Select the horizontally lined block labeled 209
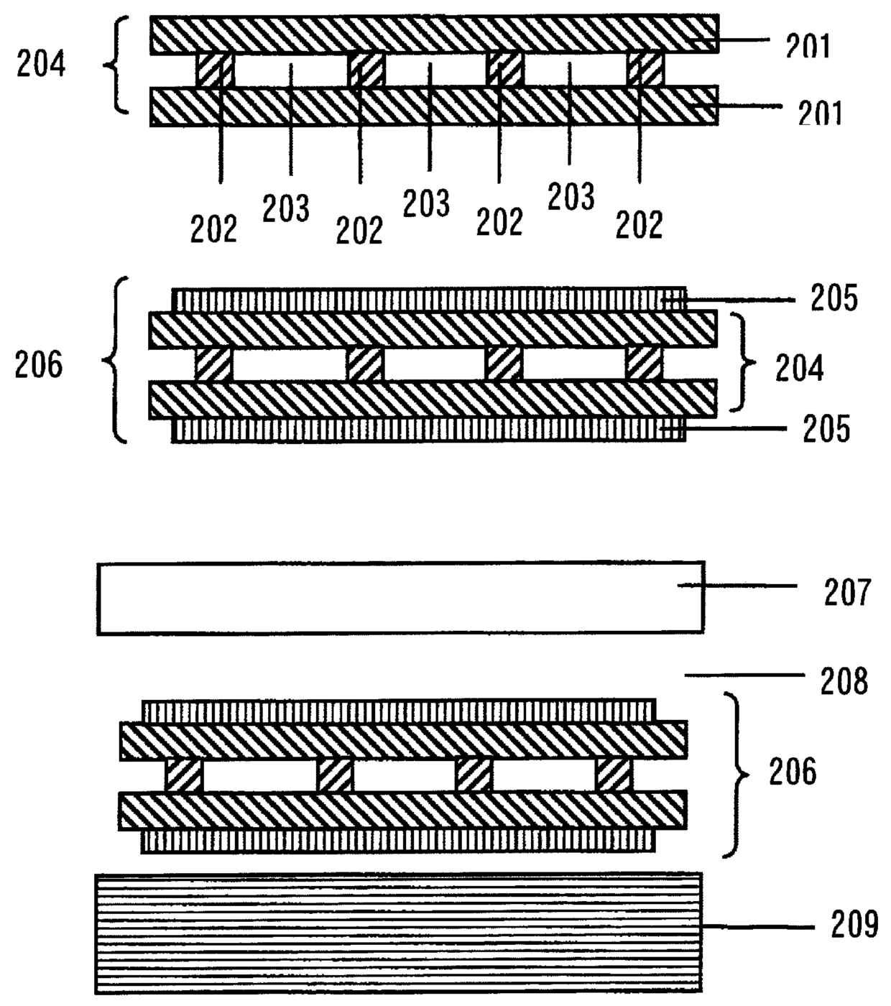(399, 933)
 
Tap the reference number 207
(847, 592)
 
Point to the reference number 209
(854, 925)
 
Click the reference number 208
(844, 680)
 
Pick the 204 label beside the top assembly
(41, 65)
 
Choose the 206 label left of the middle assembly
(39, 364)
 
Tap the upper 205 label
(834, 298)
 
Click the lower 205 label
(826, 429)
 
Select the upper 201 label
(808, 47)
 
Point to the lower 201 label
(820, 113)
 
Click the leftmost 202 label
(213, 229)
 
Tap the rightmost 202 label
(639, 225)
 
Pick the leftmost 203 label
(285, 209)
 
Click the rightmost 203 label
(571, 197)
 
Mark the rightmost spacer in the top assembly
(645, 70)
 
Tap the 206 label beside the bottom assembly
(793, 772)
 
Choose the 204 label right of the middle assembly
(799, 367)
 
